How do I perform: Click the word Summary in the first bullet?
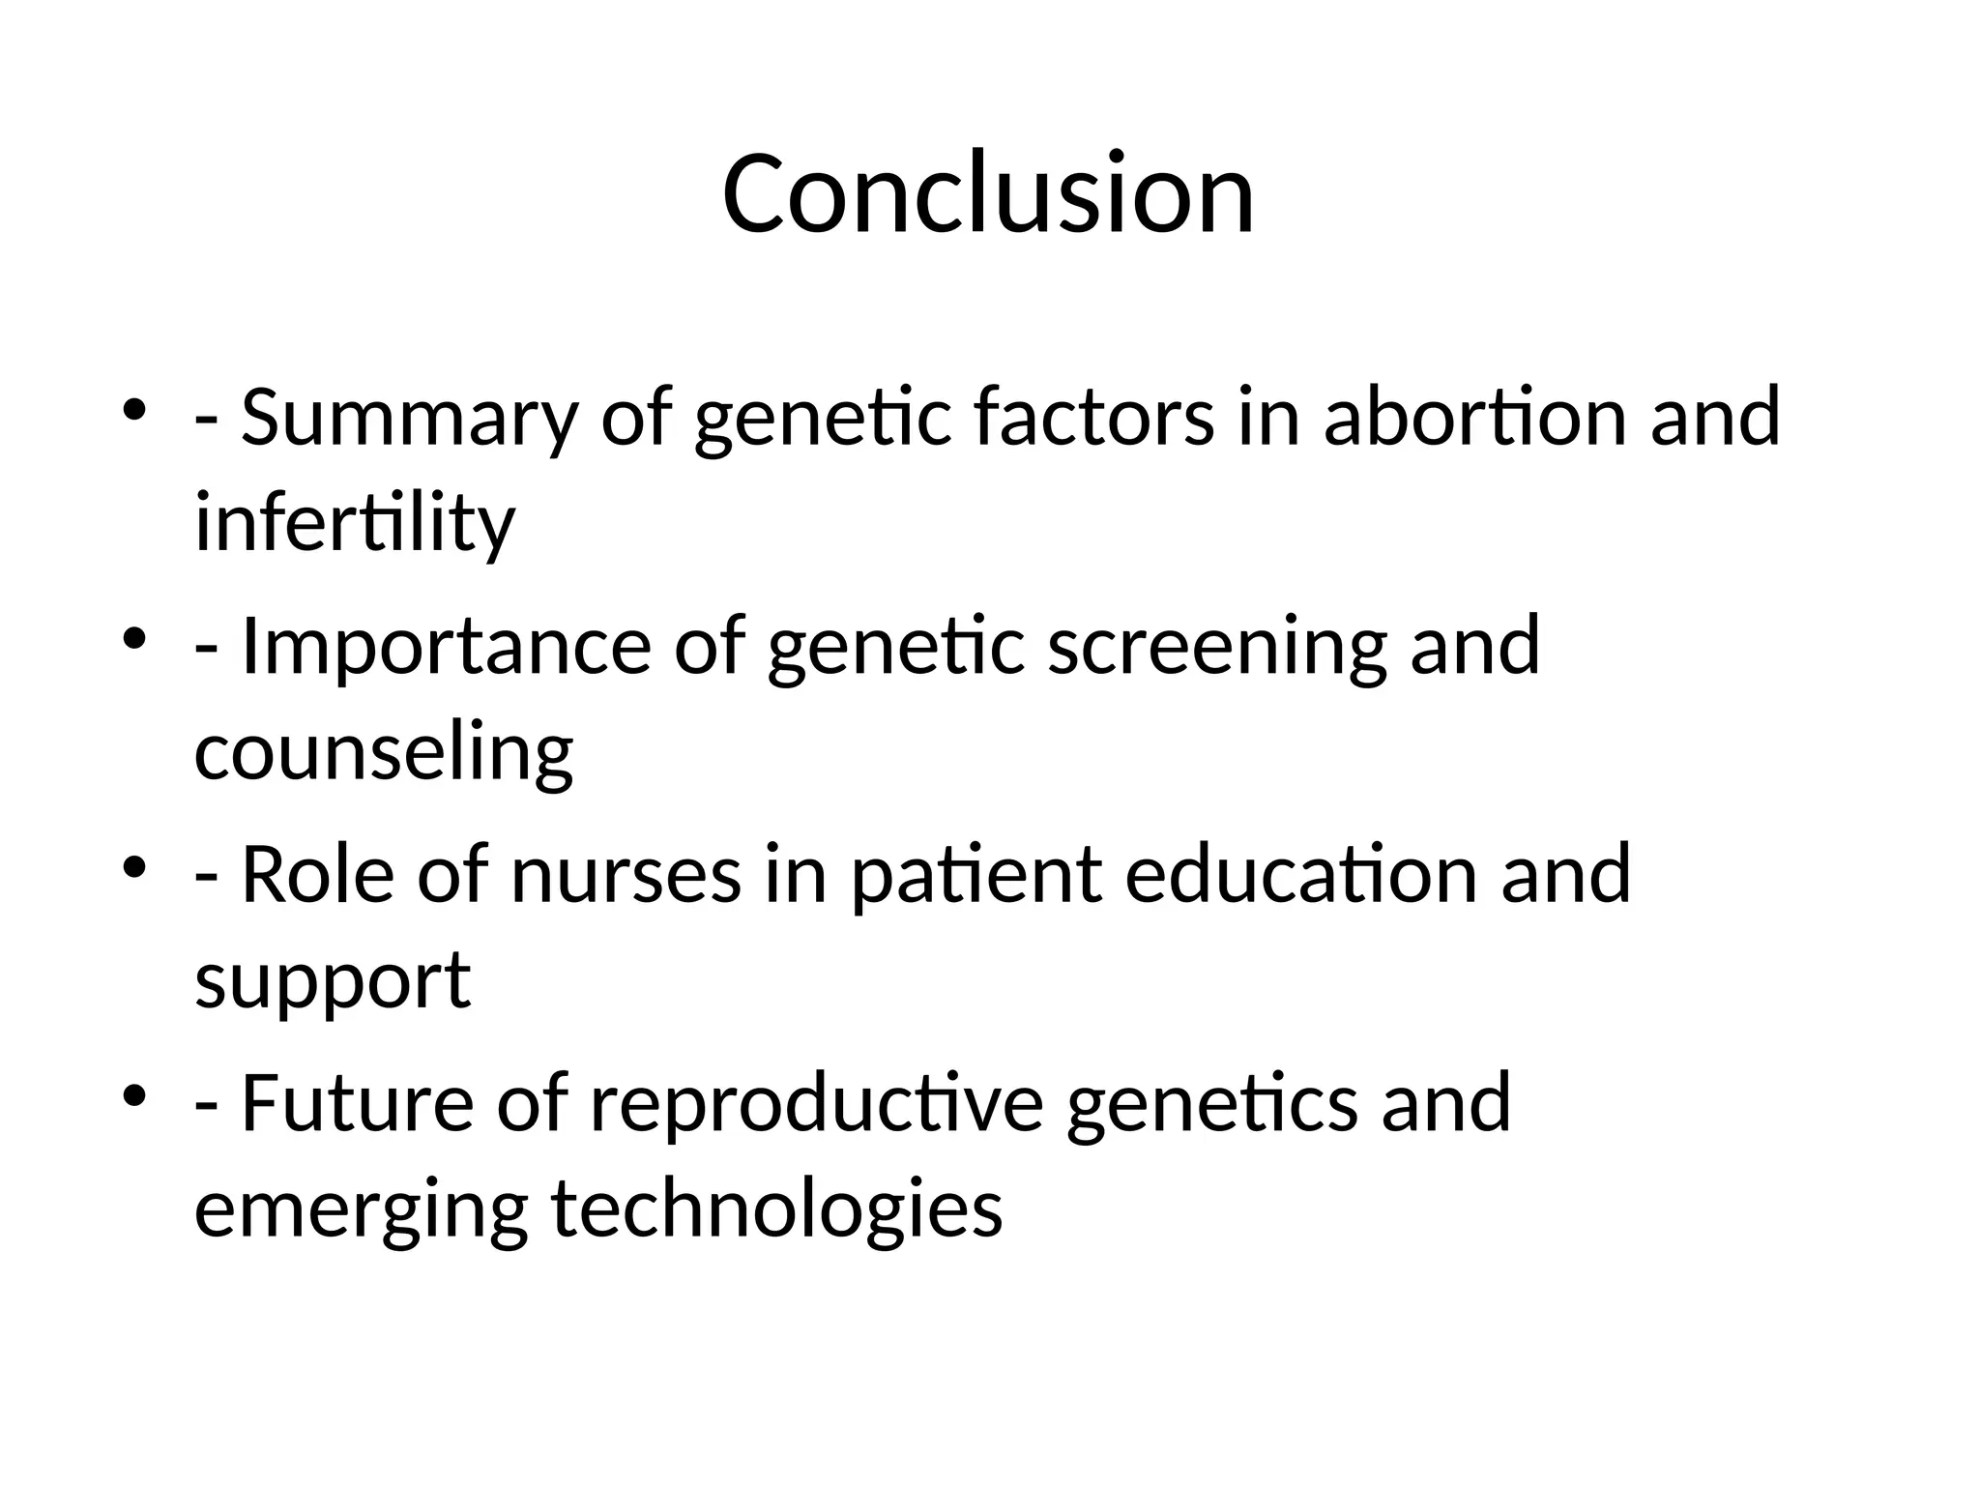pyautogui.click(x=408, y=418)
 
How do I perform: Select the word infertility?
pyautogui.click(x=355, y=523)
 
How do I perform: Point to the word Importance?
pyautogui.click(x=446, y=647)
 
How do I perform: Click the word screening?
pyautogui.click(x=1216, y=647)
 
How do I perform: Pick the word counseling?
pyautogui.click(x=384, y=752)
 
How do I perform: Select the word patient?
pyautogui.click(x=976, y=875)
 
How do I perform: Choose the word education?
pyautogui.click(x=1301, y=875)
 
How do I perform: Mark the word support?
pyautogui.click(x=333, y=981)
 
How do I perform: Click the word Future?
pyautogui.click(x=357, y=1104)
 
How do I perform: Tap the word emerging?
pyautogui.click(x=361, y=1209)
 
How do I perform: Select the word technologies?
pyautogui.click(x=776, y=1209)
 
